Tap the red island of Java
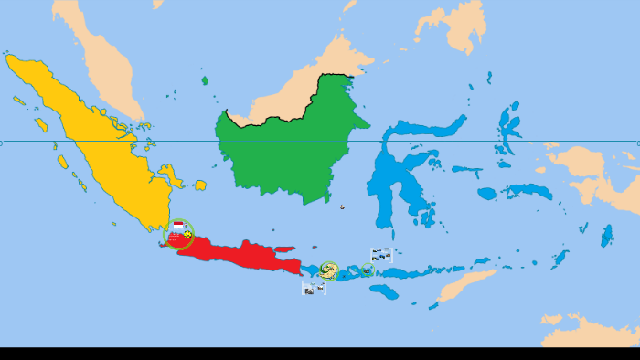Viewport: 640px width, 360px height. [x=242, y=253]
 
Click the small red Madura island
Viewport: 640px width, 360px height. [x=283, y=249]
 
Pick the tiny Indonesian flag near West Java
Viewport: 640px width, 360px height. [x=177, y=226]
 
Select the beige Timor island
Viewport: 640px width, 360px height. [x=466, y=284]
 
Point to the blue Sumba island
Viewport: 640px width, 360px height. [x=385, y=292]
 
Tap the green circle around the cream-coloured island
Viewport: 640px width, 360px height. [x=328, y=270]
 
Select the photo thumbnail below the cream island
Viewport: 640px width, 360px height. [x=314, y=288]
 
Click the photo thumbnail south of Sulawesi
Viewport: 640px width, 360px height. [x=381, y=255]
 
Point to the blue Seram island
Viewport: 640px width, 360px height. [x=530, y=191]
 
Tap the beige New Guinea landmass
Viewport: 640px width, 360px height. [x=594, y=174]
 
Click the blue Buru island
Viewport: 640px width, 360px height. [x=487, y=194]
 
